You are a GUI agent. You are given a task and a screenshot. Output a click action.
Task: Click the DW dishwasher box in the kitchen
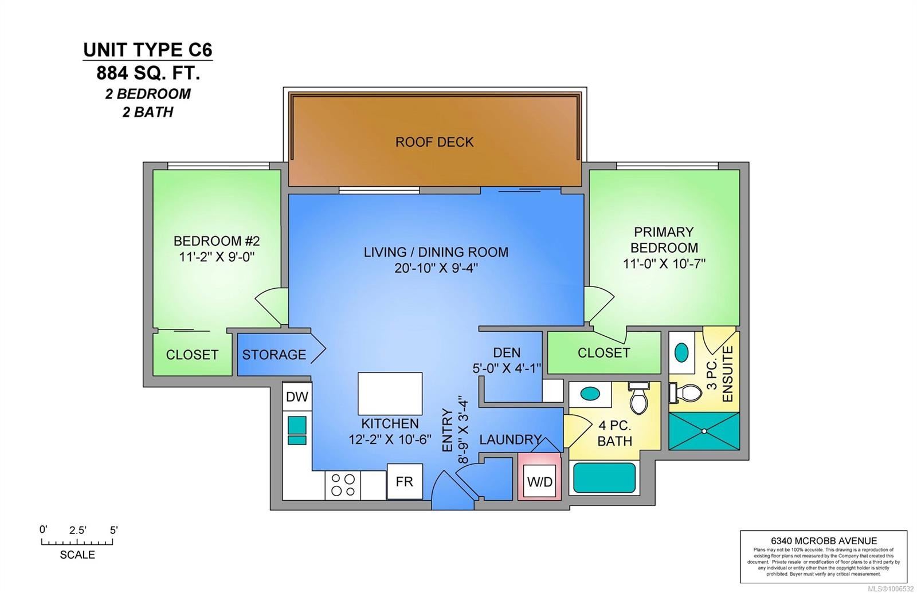(297, 396)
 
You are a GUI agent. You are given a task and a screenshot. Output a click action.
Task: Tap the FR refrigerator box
(404, 481)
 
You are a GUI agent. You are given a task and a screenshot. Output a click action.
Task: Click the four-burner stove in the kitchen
(343, 485)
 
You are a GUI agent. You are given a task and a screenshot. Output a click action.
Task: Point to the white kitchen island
(390, 394)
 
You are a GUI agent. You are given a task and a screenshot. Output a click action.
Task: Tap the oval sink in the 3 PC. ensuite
(681, 352)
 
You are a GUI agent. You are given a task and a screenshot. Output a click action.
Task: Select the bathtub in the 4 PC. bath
(605, 478)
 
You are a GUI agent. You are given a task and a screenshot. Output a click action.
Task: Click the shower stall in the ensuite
(704, 430)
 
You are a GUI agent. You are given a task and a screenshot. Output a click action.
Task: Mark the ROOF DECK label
(434, 142)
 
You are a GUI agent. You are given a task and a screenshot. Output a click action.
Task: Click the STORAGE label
(274, 355)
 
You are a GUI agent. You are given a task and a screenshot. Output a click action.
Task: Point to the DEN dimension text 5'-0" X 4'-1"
(507, 368)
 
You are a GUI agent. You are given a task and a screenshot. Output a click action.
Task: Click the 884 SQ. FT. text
(148, 73)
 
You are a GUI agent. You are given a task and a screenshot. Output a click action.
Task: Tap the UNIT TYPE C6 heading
(148, 50)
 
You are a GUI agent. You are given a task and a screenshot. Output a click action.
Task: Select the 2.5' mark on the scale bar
(77, 531)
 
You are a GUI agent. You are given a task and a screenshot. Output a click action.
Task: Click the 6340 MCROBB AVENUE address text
(824, 540)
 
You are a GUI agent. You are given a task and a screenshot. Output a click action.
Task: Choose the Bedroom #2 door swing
(271, 307)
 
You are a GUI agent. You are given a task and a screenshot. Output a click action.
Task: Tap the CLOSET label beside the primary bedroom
(604, 353)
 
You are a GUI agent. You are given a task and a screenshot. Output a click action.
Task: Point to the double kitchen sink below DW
(297, 431)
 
